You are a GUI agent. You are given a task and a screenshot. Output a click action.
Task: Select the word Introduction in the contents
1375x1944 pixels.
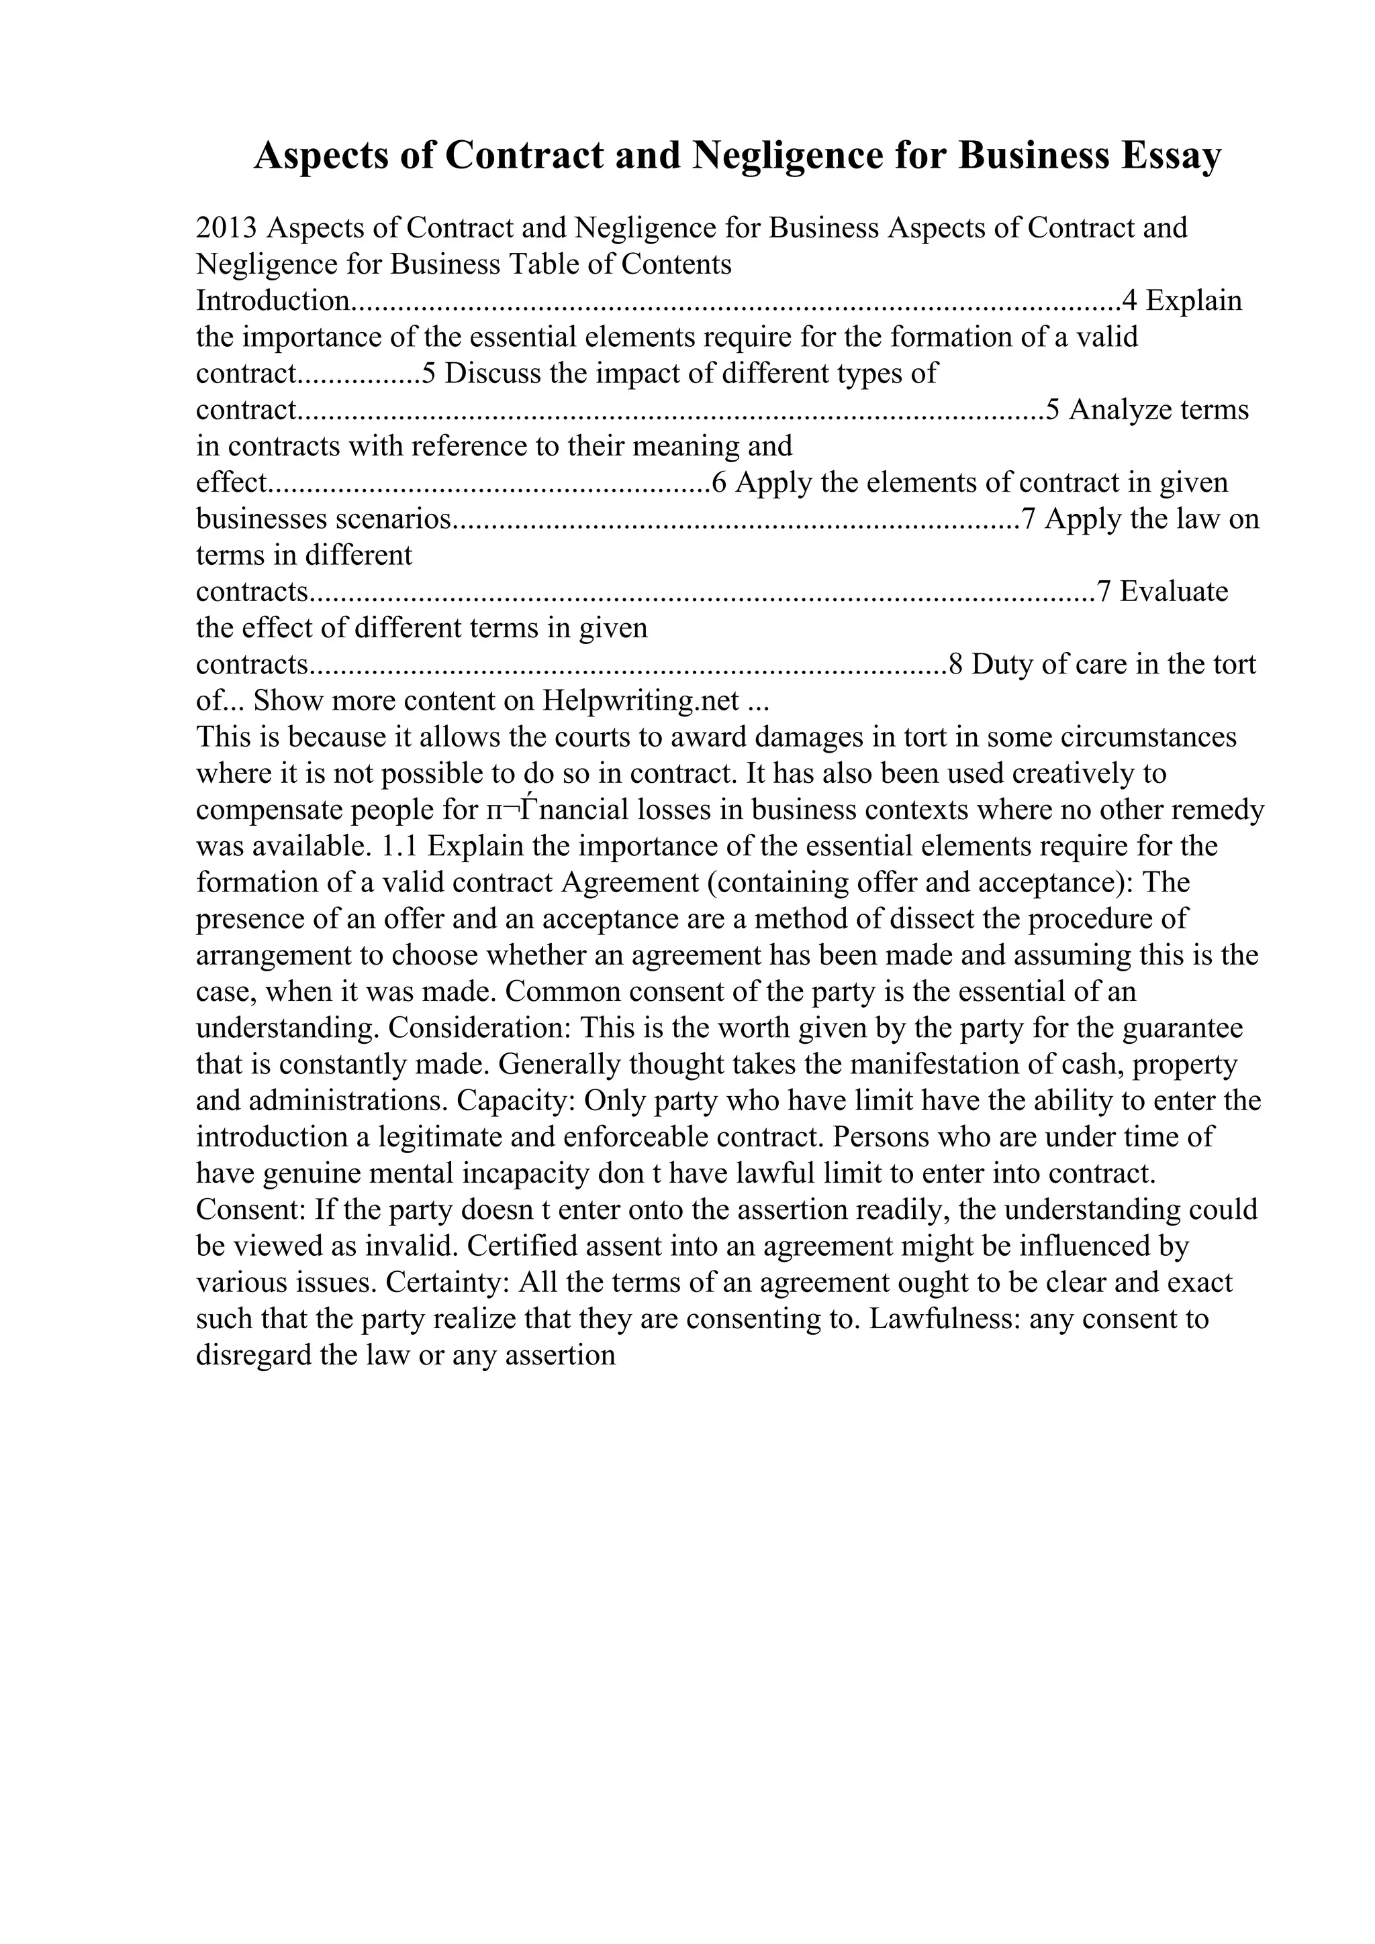coord(272,301)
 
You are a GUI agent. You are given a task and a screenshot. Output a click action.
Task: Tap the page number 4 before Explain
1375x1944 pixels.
coord(1129,301)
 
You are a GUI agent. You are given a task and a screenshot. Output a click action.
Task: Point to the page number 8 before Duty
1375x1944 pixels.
coord(955,665)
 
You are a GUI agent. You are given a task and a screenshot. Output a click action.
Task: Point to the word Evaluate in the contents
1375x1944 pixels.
coord(1174,592)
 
